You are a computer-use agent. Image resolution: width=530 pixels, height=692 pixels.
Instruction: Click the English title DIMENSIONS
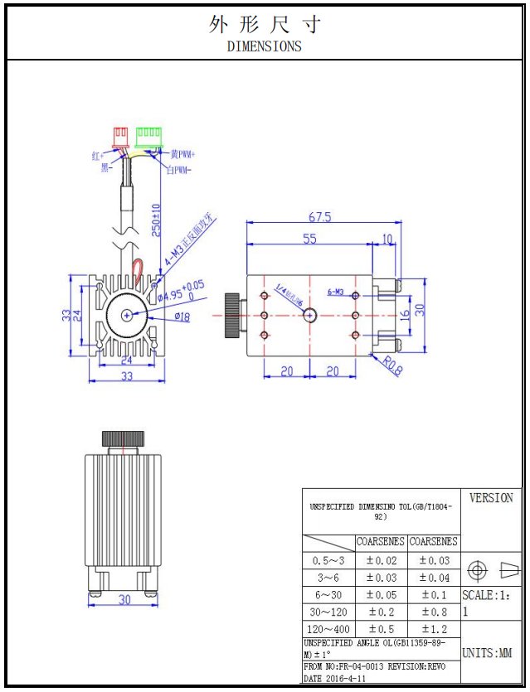(x=264, y=46)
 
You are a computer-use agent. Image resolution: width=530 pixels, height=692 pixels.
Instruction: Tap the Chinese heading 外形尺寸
(x=264, y=24)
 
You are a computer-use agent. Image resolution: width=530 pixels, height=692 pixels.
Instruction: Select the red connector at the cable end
(x=121, y=134)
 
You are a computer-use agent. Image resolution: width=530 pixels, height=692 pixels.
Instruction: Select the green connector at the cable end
(x=149, y=134)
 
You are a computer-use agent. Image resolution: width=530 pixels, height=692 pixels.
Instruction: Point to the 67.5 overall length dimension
(x=319, y=217)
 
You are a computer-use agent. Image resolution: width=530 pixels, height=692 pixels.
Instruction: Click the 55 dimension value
(x=309, y=239)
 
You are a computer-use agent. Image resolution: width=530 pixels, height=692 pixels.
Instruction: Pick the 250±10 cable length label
(x=156, y=220)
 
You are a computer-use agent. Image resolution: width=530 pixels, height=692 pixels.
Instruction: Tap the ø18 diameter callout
(x=182, y=317)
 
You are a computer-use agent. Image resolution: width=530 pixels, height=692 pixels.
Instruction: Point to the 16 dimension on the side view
(x=404, y=315)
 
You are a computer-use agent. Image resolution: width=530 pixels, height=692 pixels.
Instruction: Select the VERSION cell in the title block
(x=491, y=498)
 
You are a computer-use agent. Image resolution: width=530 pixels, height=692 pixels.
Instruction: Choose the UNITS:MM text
(x=487, y=653)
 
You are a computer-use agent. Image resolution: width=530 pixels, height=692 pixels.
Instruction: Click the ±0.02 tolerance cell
(x=381, y=561)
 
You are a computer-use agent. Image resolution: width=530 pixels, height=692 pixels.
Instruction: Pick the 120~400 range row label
(x=328, y=629)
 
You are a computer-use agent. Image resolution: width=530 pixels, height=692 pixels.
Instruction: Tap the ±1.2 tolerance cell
(x=434, y=629)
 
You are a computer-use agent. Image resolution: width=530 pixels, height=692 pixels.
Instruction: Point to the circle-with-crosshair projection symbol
(x=476, y=570)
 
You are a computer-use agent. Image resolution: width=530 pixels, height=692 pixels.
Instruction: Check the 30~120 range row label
(x=328, y=612)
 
